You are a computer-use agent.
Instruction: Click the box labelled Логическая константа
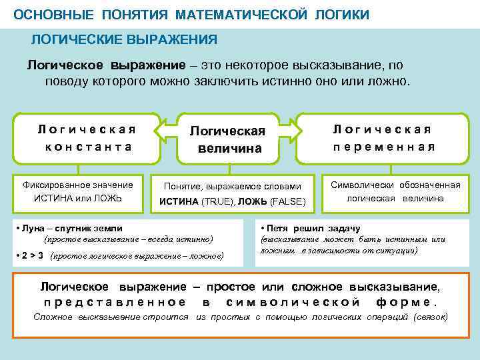click(x=85, y=138)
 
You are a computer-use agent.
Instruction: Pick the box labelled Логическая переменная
click(x=384, y=138)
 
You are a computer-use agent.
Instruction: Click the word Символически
click(x=363, y=185)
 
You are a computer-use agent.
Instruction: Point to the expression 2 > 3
click(x=33, y=255)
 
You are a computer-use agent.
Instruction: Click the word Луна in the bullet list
click(x=33, y=228)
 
